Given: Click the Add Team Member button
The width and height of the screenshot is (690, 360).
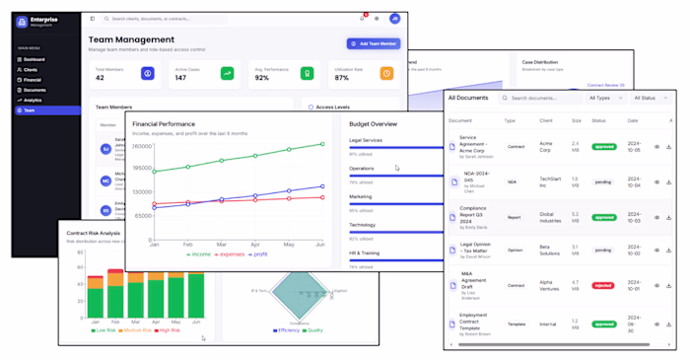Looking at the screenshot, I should click(373, 43).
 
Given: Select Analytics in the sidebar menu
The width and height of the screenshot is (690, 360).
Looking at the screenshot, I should click(33, 100).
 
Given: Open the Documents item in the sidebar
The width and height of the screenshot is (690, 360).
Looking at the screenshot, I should click(34, 90).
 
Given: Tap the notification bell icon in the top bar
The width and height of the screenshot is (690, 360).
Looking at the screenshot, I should click(362, 19).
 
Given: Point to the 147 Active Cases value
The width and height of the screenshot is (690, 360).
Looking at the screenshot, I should click(180, 77).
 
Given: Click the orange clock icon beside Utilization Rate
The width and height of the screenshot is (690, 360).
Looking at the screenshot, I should click(387, 73).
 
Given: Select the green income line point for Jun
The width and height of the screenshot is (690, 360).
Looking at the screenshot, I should click(322, 144).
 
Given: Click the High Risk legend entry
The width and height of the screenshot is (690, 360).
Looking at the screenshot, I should click(167, 330).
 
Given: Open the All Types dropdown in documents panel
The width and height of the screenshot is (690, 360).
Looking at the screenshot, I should click(605, 98).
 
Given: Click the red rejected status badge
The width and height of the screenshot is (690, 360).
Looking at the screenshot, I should click(603, 286).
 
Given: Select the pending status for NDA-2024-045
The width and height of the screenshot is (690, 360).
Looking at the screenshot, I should click(603, 182).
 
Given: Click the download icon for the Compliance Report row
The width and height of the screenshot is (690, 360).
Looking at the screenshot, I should click(669, 217).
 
